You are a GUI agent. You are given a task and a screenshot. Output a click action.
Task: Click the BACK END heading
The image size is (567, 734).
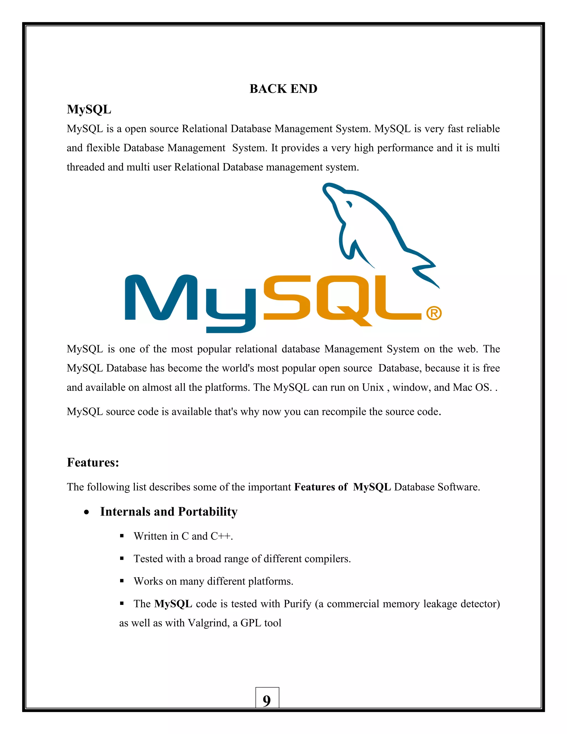click(283, 89)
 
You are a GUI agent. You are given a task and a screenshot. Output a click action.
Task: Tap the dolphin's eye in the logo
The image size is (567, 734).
click(349, 204)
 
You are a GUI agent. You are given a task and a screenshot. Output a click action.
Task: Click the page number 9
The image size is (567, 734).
click(267, 701)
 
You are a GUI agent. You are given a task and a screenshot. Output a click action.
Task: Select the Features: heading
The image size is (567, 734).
click(93, 463)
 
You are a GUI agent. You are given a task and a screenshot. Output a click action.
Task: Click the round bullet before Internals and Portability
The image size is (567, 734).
click(87, 512)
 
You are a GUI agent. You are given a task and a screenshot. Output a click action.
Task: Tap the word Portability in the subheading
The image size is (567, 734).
click(208, 512)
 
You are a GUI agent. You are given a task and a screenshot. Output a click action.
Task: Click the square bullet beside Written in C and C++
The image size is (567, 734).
click(122, 536)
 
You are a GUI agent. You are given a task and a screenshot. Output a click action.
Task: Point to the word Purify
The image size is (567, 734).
click(297, 604)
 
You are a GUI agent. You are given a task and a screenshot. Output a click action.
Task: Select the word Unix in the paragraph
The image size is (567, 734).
click(373, 387)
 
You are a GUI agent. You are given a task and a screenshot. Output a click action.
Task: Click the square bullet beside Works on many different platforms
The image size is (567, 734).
click(122, 581)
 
